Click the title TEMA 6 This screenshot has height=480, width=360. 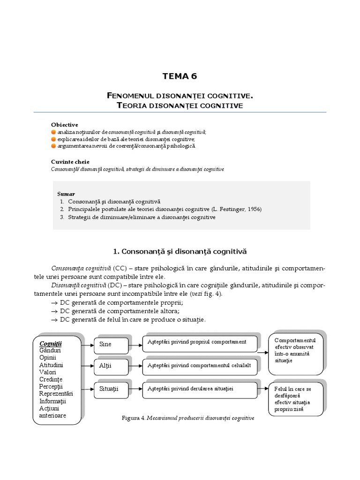180,76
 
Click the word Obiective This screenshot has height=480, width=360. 64,124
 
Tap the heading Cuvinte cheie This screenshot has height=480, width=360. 70,161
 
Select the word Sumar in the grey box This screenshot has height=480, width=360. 66,194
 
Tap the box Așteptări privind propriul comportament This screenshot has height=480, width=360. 199,343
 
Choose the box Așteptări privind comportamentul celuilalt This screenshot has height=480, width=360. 199,365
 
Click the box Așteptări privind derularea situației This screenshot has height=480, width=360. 199,389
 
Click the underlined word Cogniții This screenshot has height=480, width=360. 51,343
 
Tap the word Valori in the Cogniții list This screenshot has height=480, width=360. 48,372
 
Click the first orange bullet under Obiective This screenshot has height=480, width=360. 53,133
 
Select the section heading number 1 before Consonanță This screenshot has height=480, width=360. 116,252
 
